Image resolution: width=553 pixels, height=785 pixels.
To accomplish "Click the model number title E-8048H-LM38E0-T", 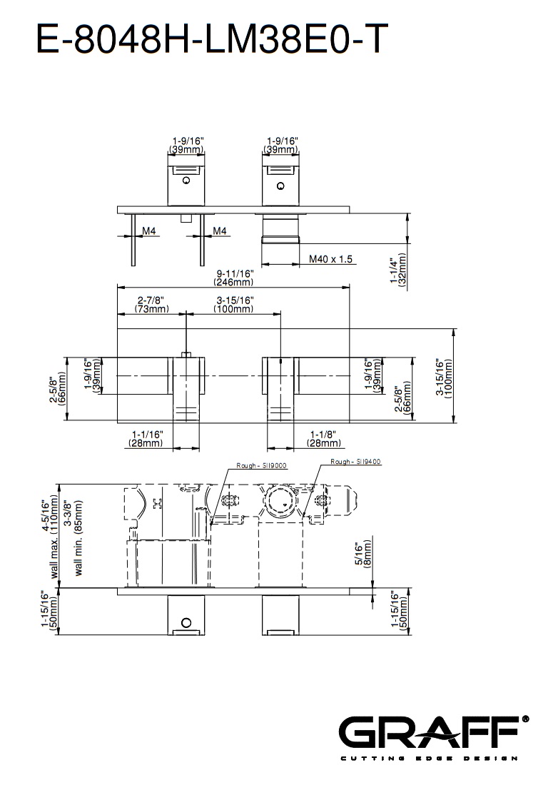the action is click(x=212, y=39).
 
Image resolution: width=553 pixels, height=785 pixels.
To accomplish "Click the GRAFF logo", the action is click(x=433, y=731).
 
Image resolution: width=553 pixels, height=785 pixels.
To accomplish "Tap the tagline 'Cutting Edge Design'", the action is click(x=429, y=759).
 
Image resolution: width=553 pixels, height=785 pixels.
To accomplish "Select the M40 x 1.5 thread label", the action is click(x=330, y=259).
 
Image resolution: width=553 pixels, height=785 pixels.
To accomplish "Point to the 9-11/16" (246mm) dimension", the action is click(x=234, y=278).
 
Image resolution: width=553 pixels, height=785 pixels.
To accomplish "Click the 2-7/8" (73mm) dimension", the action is click(x=151, y=305).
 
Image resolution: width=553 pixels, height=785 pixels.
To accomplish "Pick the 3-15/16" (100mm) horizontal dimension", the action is click(x=234, y=305).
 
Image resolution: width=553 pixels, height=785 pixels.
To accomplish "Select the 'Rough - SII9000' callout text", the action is click(x=261, y=465).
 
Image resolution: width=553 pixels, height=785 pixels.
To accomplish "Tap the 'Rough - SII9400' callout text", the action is click(x=355, y=462).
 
